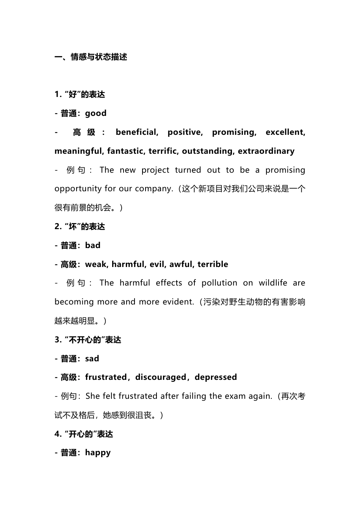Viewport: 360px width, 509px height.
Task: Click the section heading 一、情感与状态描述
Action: tap(91, 57)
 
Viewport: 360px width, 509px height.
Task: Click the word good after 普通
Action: tap(95, 113)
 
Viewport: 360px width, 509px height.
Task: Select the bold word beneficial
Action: tap(137, 132)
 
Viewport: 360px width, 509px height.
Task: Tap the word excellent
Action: tap(285, 132)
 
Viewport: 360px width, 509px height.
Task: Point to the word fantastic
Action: tap(125, 151)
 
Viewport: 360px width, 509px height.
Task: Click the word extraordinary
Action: tap(266, 151)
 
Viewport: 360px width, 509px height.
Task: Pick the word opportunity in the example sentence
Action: tap(78, 189)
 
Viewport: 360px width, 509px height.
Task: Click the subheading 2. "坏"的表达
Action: tap(80, 226)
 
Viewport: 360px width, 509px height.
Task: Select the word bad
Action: tap(93, 245)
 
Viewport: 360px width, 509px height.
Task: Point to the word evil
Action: tap(157, 264)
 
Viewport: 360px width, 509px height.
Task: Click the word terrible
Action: tap(213, 264)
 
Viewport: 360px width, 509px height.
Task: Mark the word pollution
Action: tap(219, 283)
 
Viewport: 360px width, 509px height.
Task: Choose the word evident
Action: tap(178, 302)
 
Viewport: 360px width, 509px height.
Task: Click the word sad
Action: tap(92, 359)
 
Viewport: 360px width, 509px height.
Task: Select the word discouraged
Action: tap(161, 377)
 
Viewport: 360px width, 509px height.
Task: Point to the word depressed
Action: tap(216, 377)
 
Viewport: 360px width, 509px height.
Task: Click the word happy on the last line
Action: tap(98, 453)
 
